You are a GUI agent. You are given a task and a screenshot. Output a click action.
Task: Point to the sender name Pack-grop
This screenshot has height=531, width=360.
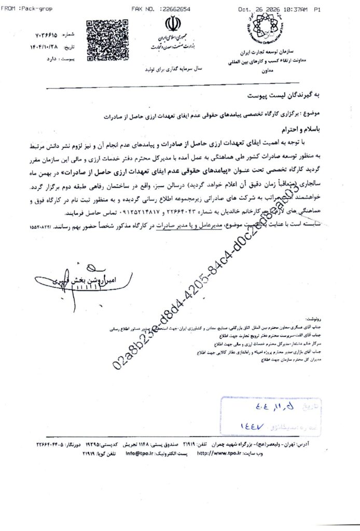(31, 9)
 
